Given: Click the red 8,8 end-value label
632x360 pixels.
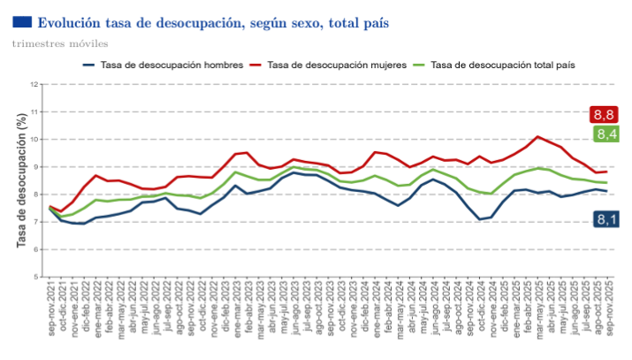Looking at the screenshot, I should pyautogui.click(x=605, y=115).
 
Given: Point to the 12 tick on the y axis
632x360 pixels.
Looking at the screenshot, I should pyautogui.click(x=35, y=85).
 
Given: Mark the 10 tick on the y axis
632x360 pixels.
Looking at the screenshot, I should pyautogui.click(x=35, y=140).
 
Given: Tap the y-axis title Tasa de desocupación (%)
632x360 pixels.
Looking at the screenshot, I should pyautogui.click(x=21, y=180).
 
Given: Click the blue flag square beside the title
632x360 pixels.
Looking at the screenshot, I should pyautogui.click(x=22, y=21).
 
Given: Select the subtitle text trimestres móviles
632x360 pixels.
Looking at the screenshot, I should pyautogui.click(x=56, y=43).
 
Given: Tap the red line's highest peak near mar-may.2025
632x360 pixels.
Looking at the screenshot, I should pyautogui.click(x=537, y=136).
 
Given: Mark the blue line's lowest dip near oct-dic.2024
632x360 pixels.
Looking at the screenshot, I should pyautogui.click(x=479, y=218).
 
